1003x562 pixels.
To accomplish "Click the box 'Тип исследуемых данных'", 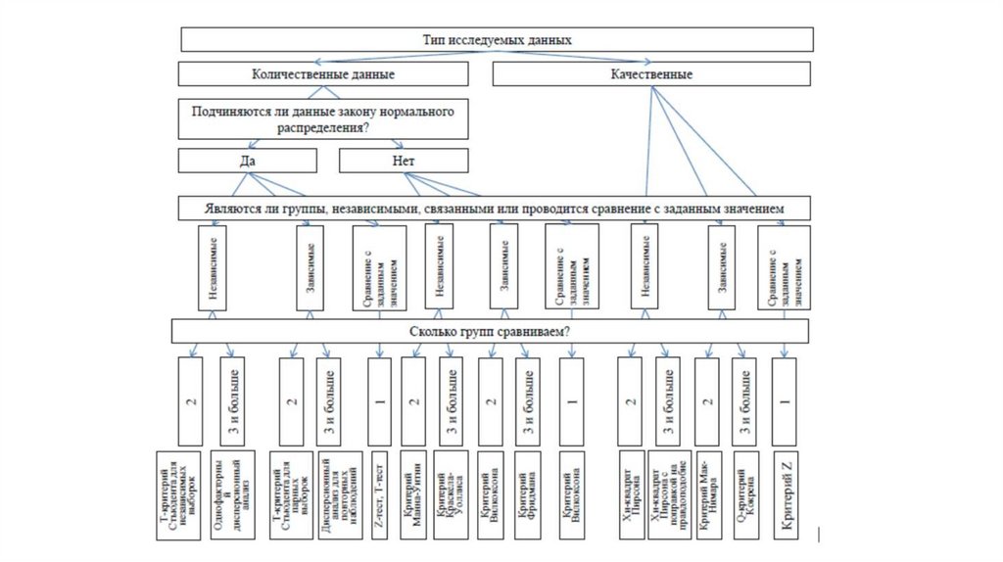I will coord(496,40).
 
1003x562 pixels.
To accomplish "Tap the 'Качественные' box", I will coord(651,73).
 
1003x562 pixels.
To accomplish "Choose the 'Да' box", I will coord(248,160).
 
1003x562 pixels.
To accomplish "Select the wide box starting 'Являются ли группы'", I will coord(496,209).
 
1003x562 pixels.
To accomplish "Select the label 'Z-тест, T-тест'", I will coord(378,495).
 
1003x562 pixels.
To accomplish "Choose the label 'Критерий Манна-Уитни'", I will coord(412,495).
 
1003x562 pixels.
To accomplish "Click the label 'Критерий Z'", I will coord(785,495).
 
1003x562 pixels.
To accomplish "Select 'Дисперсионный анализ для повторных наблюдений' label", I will coord(332,495).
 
